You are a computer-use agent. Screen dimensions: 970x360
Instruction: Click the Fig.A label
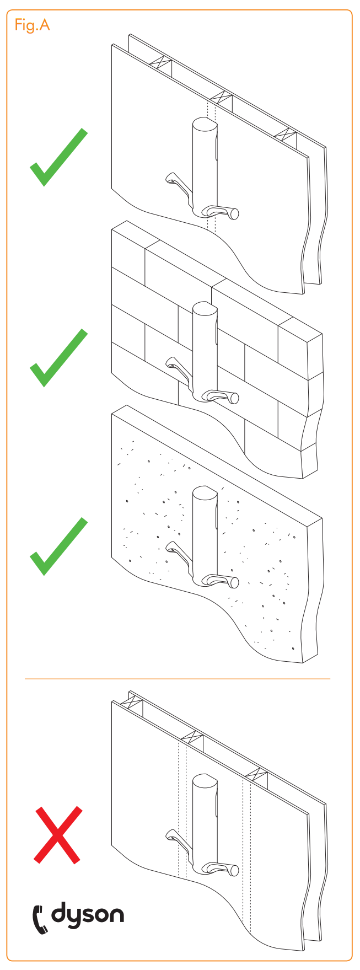[32, 25]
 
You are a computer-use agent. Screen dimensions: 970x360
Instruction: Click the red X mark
[58, 834]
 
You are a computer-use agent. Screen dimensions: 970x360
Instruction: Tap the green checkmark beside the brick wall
[58, 358]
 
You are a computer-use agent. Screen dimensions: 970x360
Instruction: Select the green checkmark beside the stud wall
[58, 158]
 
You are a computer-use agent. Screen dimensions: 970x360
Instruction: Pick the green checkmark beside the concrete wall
[58, 547]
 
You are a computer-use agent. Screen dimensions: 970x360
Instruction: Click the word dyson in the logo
[88, 915]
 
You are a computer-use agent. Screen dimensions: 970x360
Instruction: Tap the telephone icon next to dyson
[40, 918]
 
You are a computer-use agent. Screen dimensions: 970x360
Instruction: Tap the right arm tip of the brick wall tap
[234, 398]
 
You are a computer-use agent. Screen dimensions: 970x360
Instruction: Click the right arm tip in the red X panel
[234, 871]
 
